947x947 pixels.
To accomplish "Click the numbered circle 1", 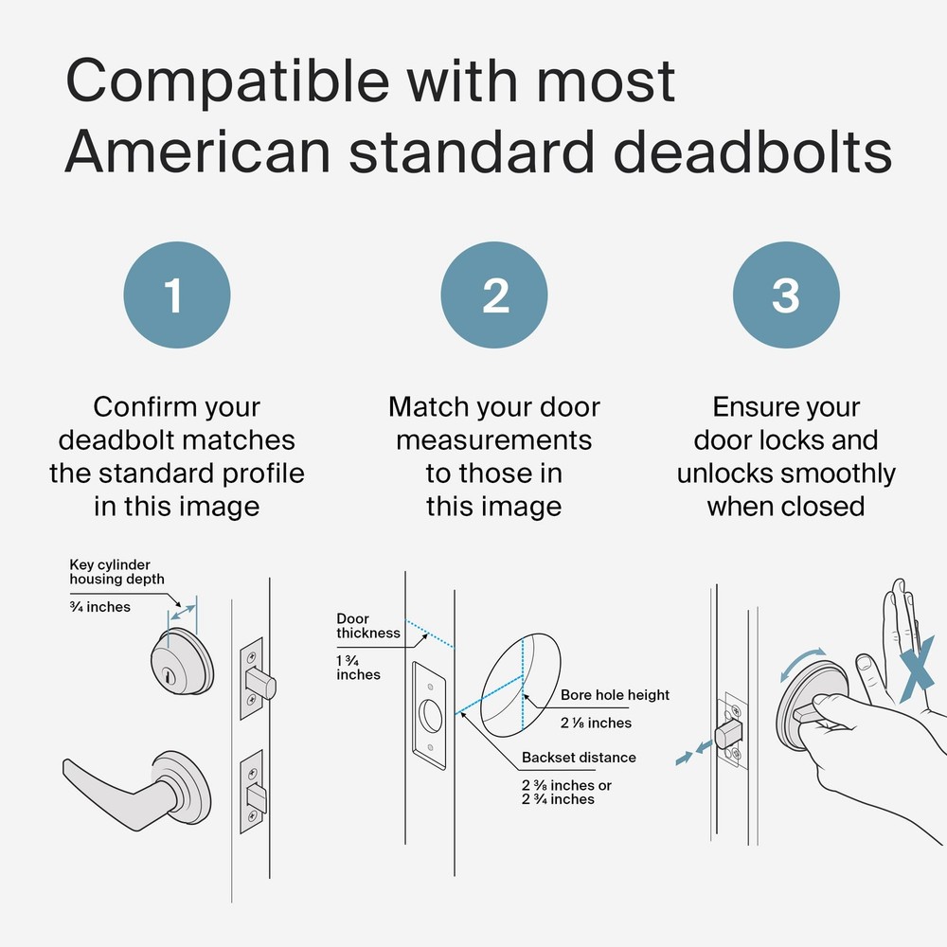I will click(x=176, y=295).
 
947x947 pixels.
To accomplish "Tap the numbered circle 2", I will click(x=494, y=295).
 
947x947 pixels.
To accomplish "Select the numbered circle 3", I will click(x=786, y=295).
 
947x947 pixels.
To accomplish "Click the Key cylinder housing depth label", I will click(x=116, y=572).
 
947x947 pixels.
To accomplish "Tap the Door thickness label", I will click(x=367, y=626).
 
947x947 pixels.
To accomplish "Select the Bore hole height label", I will click(x=615, y=695).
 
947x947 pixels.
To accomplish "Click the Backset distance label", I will click(x=579, y=758).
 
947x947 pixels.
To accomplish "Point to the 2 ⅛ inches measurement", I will click(x=596, y=723).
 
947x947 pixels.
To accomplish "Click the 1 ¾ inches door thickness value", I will click(x=358, y=668).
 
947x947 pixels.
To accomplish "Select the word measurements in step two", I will click(x=493, y=440).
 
